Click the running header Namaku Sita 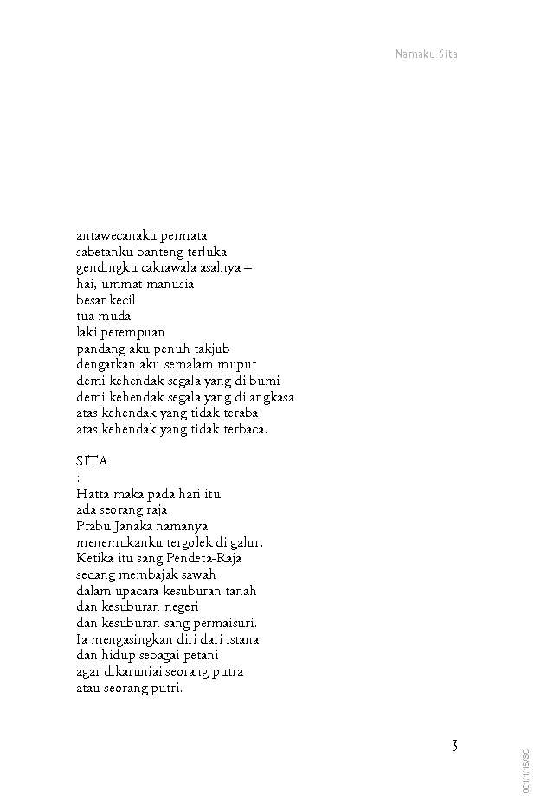[x=426, y=54]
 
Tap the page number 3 [x=454, y=746]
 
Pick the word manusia [x=170, y=284]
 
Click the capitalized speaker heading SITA [x=92, y=461]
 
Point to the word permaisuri [x=225, y=623]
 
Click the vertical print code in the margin [x=525, y=772]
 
